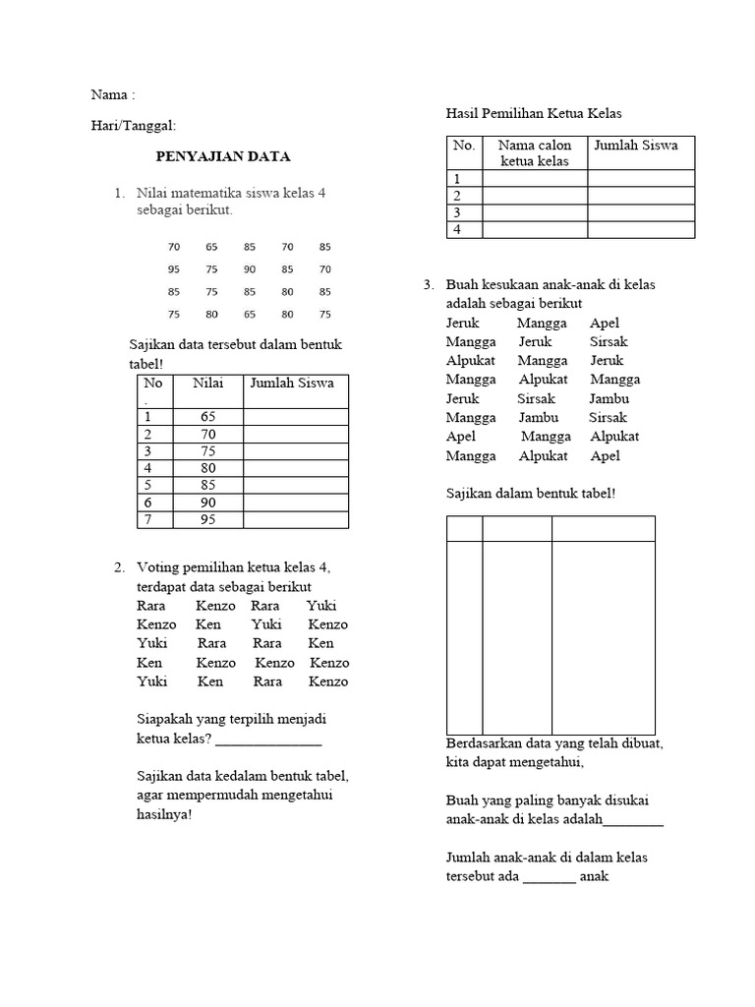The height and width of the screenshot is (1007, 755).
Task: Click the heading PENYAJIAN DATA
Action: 224,156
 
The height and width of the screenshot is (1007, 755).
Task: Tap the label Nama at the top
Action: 109,95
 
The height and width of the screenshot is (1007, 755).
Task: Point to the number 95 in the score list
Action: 174,269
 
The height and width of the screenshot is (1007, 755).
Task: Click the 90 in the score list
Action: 249,269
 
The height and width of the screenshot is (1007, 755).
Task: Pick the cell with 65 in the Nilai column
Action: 207,417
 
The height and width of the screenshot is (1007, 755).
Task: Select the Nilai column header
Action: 207,384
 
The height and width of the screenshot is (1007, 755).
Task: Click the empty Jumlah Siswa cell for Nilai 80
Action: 295,469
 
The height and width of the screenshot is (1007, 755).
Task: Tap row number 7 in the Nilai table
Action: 148,520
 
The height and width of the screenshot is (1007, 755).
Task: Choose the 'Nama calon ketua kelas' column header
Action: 534,152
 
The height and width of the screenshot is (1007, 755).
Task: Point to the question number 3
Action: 429,285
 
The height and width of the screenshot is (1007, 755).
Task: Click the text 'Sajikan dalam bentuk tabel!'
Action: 531,493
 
